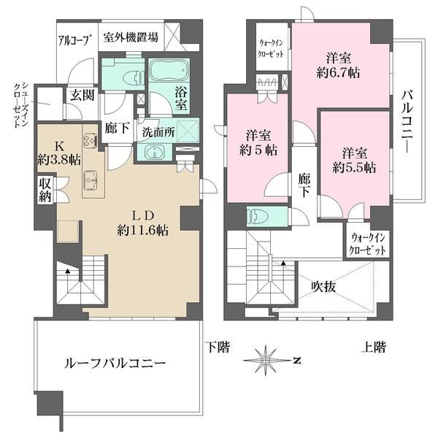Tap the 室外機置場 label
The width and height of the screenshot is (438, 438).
131,37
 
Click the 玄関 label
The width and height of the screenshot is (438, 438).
82,95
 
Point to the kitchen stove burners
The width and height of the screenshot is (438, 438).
90,139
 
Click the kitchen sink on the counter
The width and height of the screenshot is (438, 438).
91,180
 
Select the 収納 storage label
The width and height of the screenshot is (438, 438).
45,191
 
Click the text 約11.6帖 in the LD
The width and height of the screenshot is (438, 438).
143,231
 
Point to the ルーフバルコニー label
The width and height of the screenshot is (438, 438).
115,364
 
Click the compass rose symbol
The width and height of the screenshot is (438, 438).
265,361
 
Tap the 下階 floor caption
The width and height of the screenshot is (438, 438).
218,347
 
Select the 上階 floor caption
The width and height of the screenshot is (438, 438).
374,347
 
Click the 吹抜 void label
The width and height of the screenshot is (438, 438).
323,286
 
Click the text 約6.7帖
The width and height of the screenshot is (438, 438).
338,73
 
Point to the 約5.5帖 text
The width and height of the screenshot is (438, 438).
354,168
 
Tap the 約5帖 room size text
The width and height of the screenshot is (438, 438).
258,150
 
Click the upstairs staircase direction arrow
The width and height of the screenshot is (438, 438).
283,263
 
